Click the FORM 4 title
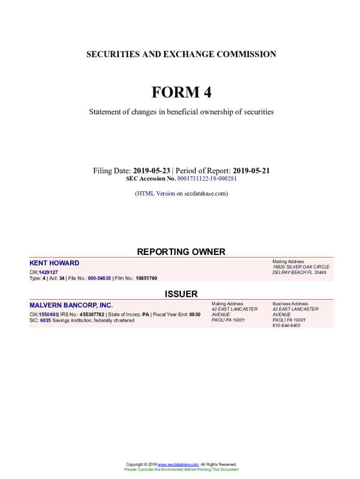click(x=181, y=93)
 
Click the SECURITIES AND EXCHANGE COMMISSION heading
click(x=181, y=54)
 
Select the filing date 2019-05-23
click(x=151, y=171)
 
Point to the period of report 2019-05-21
click(x=252, y=171)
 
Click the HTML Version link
click(x=156, y=193)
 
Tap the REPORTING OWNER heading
click(x=181, y=252)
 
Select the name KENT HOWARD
click(x=54, y=263)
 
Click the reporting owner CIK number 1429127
click(x=49, y=272)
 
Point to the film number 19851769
click(x=146, y=278)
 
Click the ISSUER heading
click(x=181, y=294)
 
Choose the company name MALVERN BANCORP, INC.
click(x=71, y=305)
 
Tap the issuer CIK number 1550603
click(x=49, y=315)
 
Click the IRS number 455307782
click(x=92, y=315)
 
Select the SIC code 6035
click(x=45, y=320)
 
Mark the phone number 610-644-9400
click(x=287, y=326)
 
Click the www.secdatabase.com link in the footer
click(x=178, y=464)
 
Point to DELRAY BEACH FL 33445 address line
click(x=299, y=272)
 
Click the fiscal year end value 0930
click(x=195, y=315)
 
